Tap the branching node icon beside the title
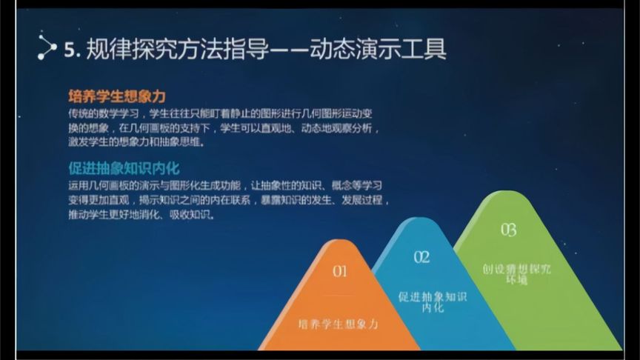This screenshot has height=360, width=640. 46,49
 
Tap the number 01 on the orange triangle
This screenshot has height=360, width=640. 339,271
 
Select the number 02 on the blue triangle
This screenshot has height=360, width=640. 421,257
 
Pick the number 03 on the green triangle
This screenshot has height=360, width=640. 508,229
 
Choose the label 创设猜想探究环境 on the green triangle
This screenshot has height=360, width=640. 516,274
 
